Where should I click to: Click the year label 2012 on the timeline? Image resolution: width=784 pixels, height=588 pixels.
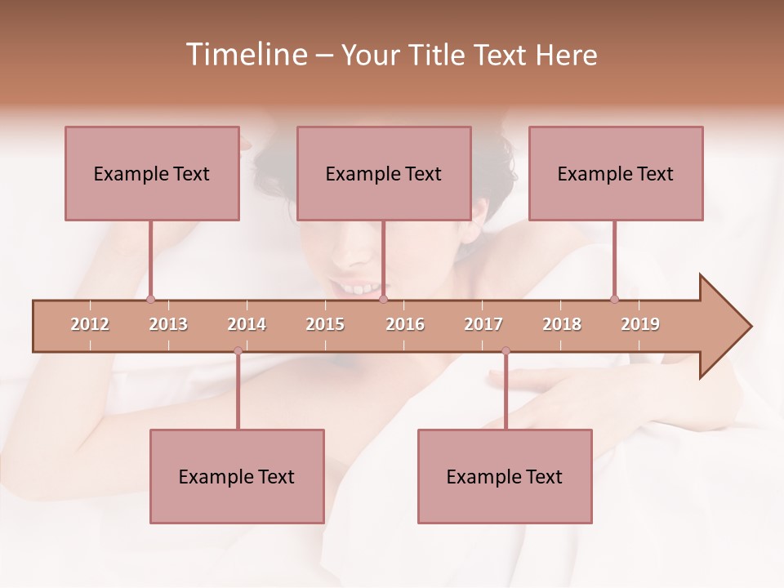[90, 325]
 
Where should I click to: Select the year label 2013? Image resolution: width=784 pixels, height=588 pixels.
[168, 325]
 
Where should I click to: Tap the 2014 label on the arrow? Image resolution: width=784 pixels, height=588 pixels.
[247, 325]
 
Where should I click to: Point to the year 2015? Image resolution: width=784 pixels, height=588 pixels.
[325, 325]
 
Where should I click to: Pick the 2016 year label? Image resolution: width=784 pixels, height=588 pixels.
[405, 325]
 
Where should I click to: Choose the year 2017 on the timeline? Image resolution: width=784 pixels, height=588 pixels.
[483, 325]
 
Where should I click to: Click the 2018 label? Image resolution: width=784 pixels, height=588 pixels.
[562, 325]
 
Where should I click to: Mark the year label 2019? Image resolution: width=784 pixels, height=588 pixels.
[640, 325]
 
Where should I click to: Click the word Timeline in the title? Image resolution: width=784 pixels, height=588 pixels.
[244, 55]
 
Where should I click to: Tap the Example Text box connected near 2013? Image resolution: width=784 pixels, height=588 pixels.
[152, 173]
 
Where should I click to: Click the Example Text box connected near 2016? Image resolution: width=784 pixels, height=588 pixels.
[384, 173]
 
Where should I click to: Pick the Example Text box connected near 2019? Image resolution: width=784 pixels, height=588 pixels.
[616, 173]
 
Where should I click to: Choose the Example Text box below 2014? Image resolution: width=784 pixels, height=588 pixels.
[237, 476]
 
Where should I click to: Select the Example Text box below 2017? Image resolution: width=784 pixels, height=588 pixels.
[505, 476]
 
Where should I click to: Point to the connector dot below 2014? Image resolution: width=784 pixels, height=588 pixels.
[238, 350]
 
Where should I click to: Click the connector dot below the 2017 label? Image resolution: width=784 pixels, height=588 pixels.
[506, 350]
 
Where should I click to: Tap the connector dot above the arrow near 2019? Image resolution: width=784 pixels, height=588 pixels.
[614, 299]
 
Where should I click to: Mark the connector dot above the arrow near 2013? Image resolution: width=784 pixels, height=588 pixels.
[150, 299]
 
